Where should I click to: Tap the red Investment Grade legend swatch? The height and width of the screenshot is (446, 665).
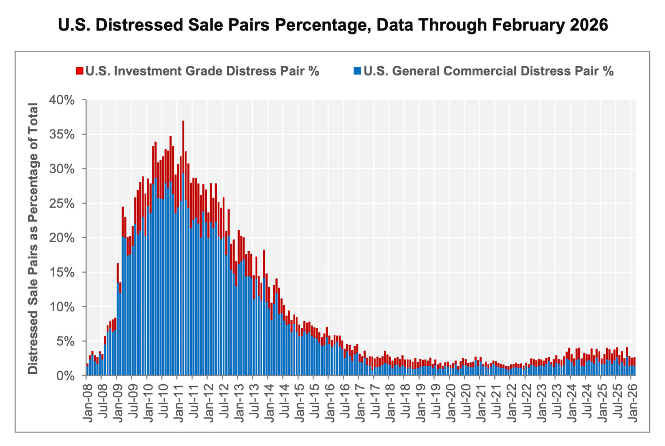tap(79, 71)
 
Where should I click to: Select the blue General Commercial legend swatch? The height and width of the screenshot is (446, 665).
tap(357, 71)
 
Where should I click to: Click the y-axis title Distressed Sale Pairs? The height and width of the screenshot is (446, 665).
tap(33, 239)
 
